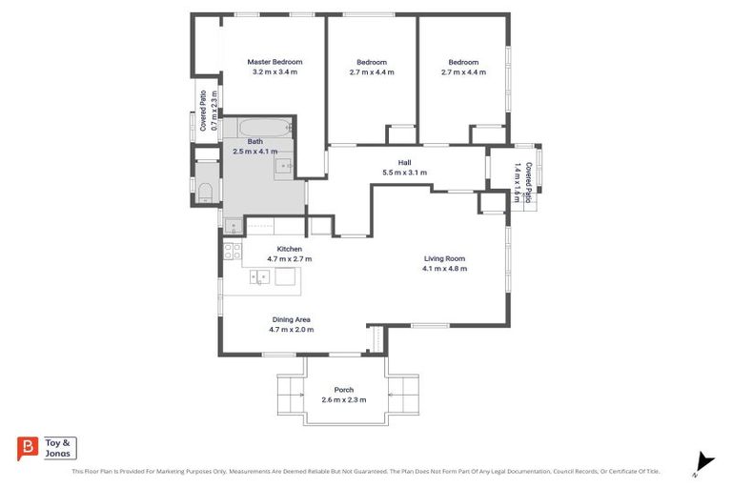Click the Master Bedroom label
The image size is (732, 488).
pos(274,62)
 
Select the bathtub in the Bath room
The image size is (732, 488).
pos(258,128)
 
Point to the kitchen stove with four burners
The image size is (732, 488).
pos(231,252)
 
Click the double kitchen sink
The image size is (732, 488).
pos(259,277)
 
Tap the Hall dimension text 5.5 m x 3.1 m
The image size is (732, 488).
pos(404,173)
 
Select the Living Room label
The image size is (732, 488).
pos(444,258)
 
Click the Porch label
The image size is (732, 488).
pos(343,390)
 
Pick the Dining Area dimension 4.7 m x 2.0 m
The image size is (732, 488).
pos(291,330)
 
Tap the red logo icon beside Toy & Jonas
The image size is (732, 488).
pos(28,448)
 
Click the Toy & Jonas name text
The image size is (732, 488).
pos(60,448)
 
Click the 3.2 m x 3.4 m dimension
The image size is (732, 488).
pos(274,72)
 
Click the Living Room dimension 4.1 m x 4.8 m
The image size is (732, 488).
pos(444,269)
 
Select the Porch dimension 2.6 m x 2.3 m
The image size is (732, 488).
pos(343,400)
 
